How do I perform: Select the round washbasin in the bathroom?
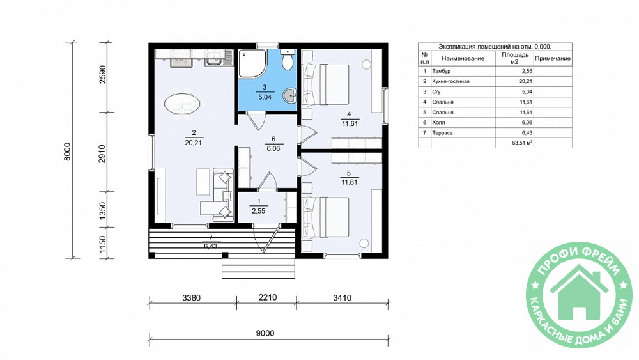pyautogui.click(x=291, y=95)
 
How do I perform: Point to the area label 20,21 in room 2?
pyautogui.click(x=193, y=143)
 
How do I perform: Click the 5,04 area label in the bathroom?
pyautogui.click(x=265, y=97)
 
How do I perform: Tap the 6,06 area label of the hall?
pyautogui.click(x=273, y=148)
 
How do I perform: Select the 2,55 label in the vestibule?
pyautogui.click(x=258, y=211)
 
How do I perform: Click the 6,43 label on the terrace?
pyautogui.click(x=210, y=246)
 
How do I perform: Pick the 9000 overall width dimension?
pyautogui.click(x=265, y=333)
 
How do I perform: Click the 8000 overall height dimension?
pyautogui.click(x=68, y=152)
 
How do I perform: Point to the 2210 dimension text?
pyautogui.click(x=267, y=297)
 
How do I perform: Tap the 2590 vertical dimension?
pyautogui.click(x=102, y=74)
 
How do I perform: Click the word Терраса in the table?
pyautogui.click(x=442, y=133)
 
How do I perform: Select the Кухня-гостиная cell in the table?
pyautogui.click(x=450, y=81)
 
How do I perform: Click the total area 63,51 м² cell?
pyautogui.click(x=514, y=143)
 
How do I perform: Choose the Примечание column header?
pyautogui.click(x=553, y=58)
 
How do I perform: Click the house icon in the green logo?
pyautogui.click(x=579, y=292)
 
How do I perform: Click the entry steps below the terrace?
pyautogui.click(x=258, y=269)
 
